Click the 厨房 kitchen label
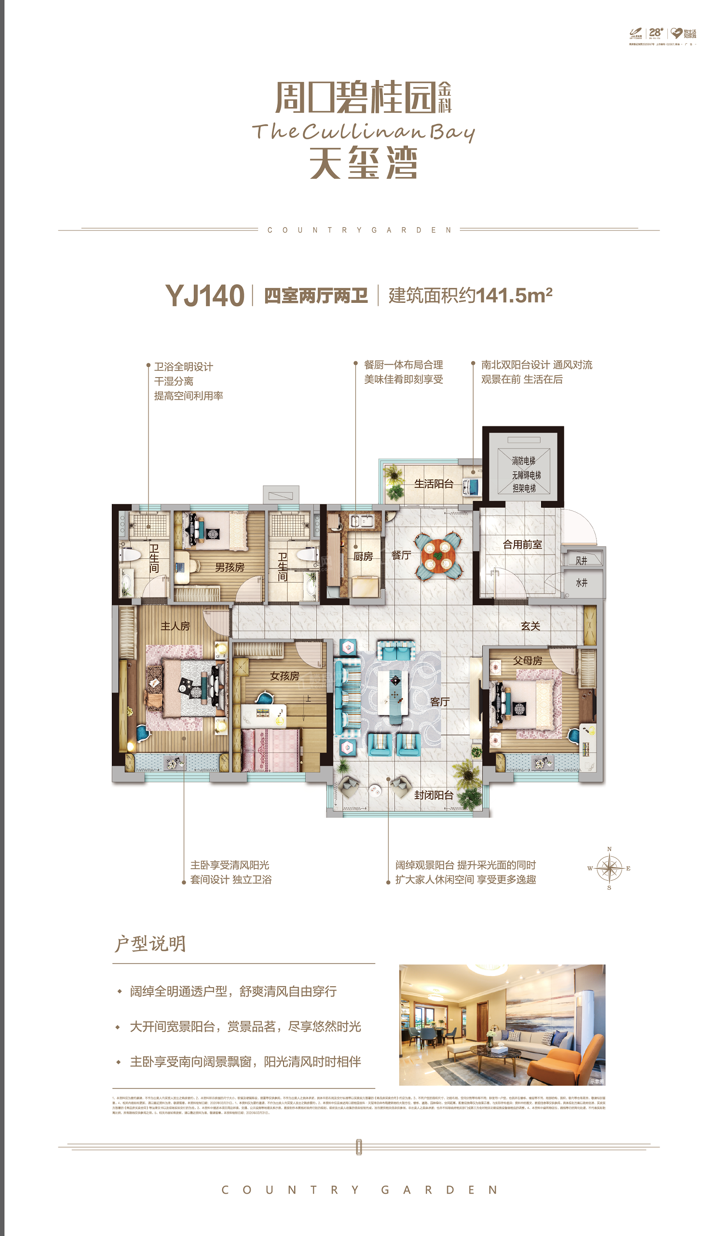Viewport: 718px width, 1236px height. [363, 556]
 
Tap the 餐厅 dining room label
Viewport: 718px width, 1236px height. [401, 555]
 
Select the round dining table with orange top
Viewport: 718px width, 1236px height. [437, 554]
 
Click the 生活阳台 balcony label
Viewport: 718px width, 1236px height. [434, 484]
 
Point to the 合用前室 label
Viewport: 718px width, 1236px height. [522, 544]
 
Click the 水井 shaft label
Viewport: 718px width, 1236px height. [582, 583]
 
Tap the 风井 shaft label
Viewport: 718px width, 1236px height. [582, 561]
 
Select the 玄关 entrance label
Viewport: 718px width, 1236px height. [530, 626]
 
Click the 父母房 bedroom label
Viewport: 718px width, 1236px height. [527, 661]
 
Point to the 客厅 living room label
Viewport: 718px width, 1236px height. [439, 702]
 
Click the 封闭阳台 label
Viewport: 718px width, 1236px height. [434, 795]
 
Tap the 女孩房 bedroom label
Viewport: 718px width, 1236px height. [284, 676]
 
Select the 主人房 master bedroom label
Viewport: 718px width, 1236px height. [175, 626]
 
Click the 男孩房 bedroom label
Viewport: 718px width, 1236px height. [230, 568]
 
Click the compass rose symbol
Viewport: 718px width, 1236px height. [609, 869]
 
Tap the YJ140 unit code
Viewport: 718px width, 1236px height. [204, 296]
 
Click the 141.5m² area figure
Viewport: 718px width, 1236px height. [514, 295]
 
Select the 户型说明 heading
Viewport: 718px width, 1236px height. [150, 943]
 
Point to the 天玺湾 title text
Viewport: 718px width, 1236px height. [363, 163]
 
